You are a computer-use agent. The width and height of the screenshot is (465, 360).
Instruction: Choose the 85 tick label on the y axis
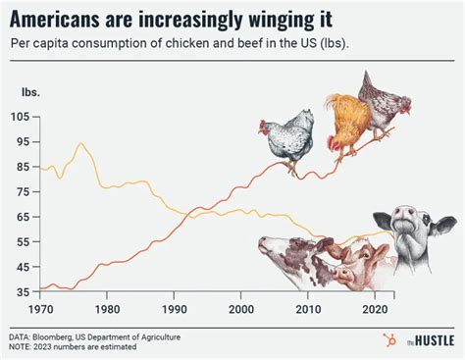tap(23, 169)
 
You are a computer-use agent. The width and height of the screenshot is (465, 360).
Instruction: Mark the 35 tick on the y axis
tap(23, 292)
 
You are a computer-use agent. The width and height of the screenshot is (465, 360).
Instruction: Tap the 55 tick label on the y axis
tap(23, 241)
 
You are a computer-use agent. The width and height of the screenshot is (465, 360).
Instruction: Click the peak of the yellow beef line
tap(80, 144)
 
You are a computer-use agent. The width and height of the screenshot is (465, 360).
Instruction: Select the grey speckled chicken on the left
tap(289, 139)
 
